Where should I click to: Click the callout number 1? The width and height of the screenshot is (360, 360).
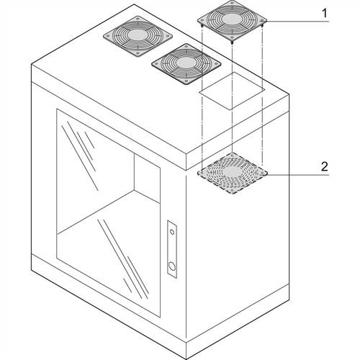click(x=325, y=14)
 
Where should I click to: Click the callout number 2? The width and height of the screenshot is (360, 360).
click(x=325, y=166)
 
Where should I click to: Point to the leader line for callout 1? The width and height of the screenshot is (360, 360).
click(x=297, y=22)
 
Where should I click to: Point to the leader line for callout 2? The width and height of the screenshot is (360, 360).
click(x=297, y=175)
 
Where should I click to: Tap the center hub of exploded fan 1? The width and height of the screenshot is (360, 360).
click(x=232, y=19)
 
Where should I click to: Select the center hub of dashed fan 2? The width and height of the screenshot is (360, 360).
click(x=233, y=171)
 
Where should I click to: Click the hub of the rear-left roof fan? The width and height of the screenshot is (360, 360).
click(x=138, y=35)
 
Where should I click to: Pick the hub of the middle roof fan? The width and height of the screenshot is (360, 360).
click(x=186, y=63)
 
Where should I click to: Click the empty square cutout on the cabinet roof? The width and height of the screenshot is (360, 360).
click(x=233, y=91)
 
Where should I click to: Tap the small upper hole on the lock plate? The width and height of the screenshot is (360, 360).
click(x=172, y=232)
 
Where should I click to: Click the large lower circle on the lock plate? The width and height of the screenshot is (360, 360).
click(x=172, y=266)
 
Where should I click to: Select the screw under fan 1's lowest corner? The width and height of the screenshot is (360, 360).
click(x=232, y=42)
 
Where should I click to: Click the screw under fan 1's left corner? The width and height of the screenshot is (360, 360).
click(x=202, y=25)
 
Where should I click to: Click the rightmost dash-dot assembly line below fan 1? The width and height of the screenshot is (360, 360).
click(x=263, y=96)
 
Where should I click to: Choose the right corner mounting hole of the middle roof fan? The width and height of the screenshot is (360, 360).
click(x=217, y=64)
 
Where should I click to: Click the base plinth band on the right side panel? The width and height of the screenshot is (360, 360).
click(x=238, y=321)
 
